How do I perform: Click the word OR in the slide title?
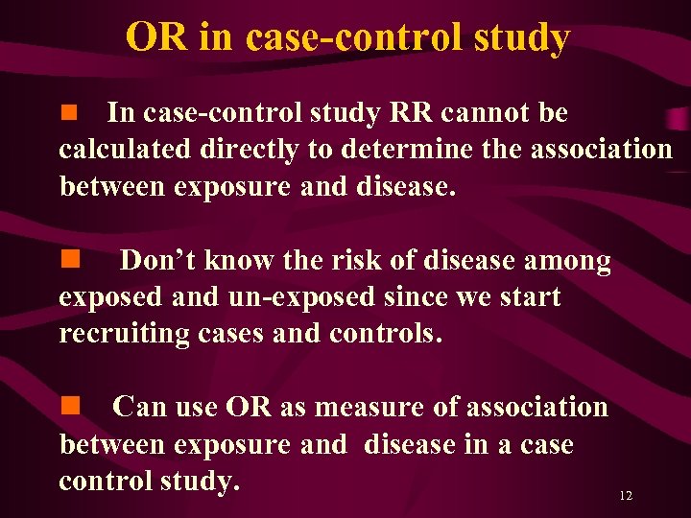pyautogui.click(x=155, y=37)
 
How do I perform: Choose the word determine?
pyautogui.click(x=437, y=150)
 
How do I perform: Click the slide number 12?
pyautogui.click(x=626, y=496)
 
